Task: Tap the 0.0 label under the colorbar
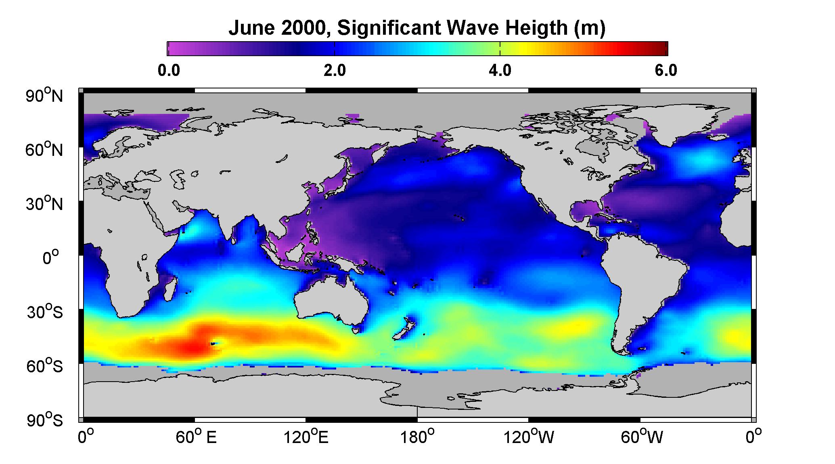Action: (x=169, y=71)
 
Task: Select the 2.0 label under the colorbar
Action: (x=335, y=71)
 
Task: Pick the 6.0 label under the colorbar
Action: (x=666, y=71)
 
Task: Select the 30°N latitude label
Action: (x=45, y=204)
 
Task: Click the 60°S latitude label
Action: (x=45, y=366)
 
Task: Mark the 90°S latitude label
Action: (x=45, y=420)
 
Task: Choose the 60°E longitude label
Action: (x=196, y=437)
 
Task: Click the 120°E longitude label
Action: (x=306, y=437)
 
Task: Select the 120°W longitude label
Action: (x=529, y=437)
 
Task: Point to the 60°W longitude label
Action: (x=642, y=437)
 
